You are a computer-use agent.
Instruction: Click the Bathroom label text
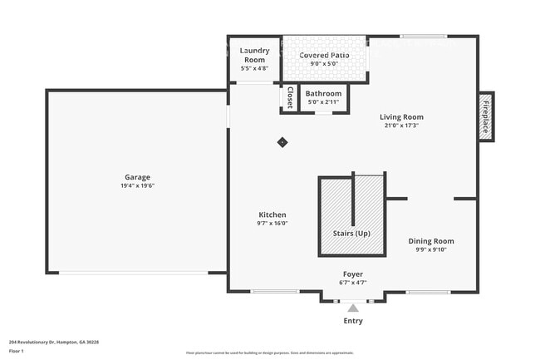coord(323,94)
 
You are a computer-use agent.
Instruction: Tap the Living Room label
coord(401,117)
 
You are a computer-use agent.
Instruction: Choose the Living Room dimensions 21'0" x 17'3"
coord(401,126)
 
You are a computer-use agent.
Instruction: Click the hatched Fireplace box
coord(486,117)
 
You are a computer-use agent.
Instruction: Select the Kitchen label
coord(272,215)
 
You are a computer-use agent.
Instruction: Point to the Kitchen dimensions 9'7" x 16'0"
coord(272,224)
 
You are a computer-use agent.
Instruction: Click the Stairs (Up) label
coord(351,234)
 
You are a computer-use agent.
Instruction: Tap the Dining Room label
coord(431,241)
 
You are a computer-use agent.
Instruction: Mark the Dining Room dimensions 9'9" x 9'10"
coord(431,250)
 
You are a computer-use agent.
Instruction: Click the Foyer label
coord(353,274)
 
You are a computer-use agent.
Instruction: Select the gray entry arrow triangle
coord(353,308)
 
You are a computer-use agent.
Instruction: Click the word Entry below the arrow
coord(353,321)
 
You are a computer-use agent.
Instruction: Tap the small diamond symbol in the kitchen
coord(282,142)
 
